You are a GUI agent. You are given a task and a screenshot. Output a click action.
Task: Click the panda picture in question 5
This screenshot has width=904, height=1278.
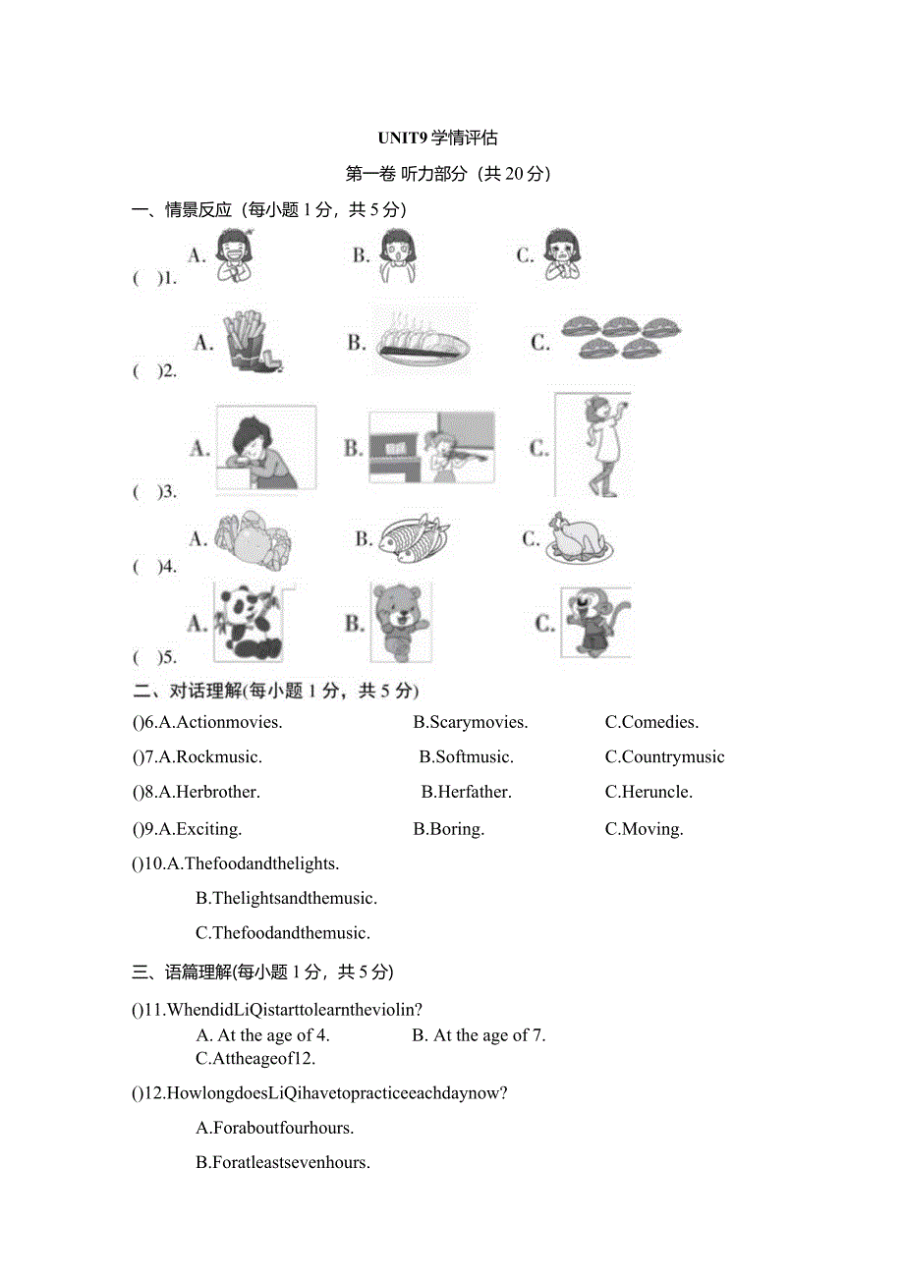(251, 622)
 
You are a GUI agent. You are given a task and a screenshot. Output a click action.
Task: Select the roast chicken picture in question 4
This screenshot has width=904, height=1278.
(580, 539)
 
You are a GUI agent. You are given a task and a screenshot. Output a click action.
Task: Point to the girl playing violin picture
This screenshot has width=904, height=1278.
(432, 448)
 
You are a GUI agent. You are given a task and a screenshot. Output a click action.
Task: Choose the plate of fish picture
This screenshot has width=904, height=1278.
(413, 538)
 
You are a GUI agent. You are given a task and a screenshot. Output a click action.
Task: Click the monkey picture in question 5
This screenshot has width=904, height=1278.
(595, 623)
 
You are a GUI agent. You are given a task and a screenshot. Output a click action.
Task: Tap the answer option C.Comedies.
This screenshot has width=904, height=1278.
(651, 723)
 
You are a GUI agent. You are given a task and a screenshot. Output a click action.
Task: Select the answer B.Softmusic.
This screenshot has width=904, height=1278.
(466, 757)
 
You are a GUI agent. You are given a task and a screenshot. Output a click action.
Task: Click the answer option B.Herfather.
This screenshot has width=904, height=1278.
(466, 792)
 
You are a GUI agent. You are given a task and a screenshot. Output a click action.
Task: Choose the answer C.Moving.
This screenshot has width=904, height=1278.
(644, 829)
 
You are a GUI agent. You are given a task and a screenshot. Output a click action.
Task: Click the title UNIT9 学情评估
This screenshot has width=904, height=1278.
(451, 138)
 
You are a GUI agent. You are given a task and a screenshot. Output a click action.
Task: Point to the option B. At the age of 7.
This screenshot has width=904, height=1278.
(479, 1035)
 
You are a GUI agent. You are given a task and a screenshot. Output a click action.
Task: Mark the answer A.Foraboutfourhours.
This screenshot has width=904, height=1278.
(275, 1128)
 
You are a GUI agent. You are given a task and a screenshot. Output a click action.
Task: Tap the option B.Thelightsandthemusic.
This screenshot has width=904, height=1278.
(287, 898)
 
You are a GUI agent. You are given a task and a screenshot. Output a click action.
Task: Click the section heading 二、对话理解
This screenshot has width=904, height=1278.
(187, 691)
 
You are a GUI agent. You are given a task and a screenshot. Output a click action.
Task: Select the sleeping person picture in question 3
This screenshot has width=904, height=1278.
(264, 448)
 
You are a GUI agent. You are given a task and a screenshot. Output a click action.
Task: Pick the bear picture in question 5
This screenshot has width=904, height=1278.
(401, 622)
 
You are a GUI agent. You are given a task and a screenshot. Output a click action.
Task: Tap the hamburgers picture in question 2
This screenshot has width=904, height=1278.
(620, 337)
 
